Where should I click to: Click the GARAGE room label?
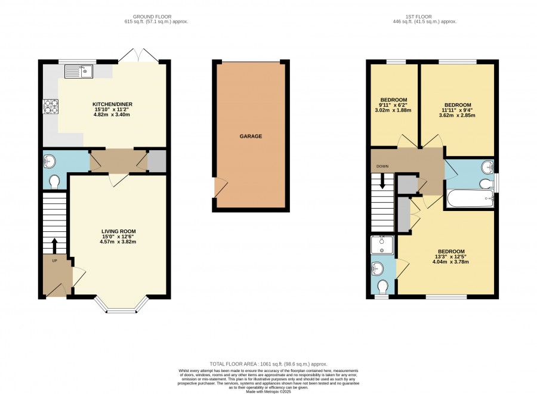coord(251,136)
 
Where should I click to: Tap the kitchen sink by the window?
coord(78,71)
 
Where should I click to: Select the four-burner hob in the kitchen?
coord(50,106)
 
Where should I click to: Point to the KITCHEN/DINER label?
coord(112,104)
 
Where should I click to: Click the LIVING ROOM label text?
coord(119,231)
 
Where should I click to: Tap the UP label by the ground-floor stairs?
coord(54,260)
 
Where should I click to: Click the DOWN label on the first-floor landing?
coord(382,166)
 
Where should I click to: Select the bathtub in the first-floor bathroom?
coord(470,198)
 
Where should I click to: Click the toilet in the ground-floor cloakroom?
coord(54,182)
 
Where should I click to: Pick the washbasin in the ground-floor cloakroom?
coord(50,161)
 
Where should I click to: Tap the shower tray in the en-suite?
coord(382,245)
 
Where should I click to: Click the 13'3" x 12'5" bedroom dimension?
coord(450,256)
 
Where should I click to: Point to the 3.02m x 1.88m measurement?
coord(393,110)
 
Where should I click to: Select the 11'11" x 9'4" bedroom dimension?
coord(458,110)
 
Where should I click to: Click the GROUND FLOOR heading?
coord(152,17)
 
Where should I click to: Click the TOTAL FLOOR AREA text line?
coord(268,364)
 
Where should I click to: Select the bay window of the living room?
coord(121,305)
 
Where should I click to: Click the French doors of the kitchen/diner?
coord(138,55)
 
